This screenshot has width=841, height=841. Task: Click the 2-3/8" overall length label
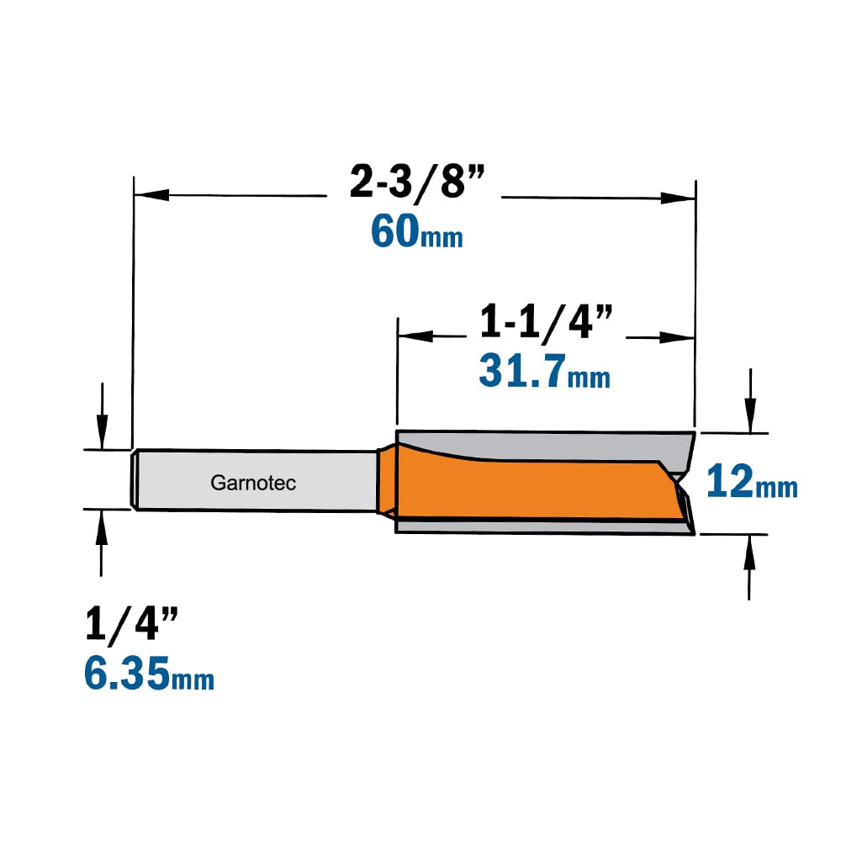(x=417, y=182)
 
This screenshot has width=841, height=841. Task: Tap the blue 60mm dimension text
(x=417, y=231)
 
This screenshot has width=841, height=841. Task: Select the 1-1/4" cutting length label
(x=546, y=322)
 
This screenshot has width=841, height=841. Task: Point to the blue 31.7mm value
(x=544, y=371)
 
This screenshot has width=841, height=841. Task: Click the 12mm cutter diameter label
(x=752, y=481)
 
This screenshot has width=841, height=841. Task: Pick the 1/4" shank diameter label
(x=131, y=623)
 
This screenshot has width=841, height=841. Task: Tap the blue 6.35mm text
(x=149, y=673)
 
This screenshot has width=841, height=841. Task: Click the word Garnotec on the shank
(x=253, y=483)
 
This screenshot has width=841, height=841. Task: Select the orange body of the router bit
(x=531, y=489)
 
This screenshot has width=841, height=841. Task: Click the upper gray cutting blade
(x=547, y=445)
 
